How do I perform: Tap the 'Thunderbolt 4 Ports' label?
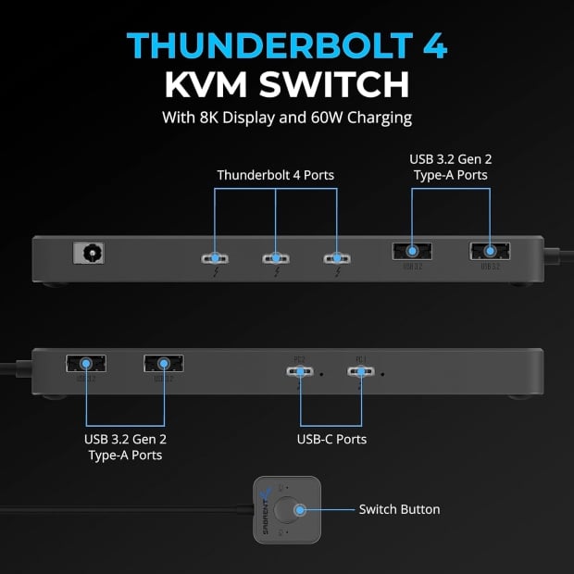275,175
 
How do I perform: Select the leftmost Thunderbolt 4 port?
216,258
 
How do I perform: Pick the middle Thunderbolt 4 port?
275,258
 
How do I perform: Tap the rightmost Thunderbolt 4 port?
334,258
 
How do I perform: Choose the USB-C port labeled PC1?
359,372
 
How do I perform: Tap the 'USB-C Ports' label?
331,439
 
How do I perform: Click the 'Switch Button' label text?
400,509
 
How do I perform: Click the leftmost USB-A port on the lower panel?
85,364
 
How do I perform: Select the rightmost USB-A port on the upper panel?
489,250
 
